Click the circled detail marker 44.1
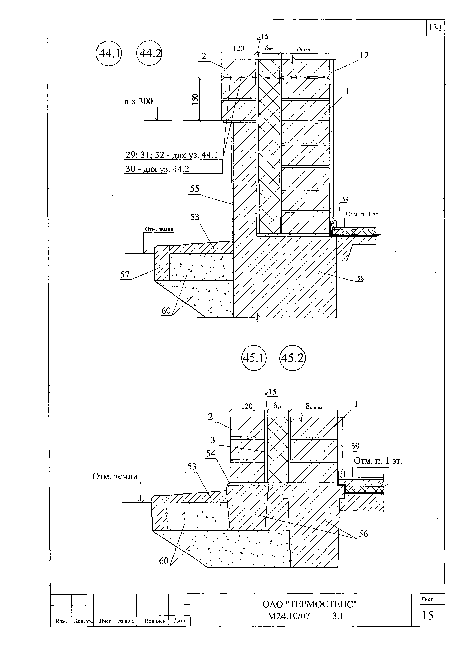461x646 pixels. point(109,53)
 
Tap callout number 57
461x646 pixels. point(125,274)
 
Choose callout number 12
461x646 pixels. point(364,56)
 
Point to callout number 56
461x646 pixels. point(363,534)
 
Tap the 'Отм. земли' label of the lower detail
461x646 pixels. point(115,476)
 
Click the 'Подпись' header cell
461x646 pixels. point(155,621)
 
